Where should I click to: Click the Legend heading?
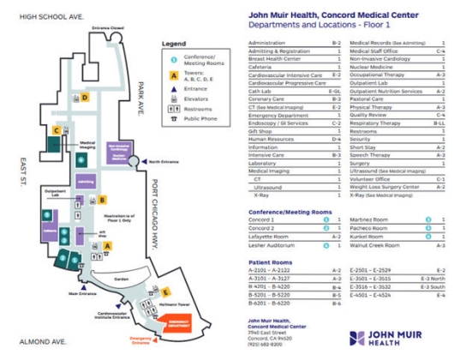[x=174, y=43]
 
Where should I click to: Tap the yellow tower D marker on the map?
[x=86, y=98]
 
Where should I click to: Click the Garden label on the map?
[x=119, y=279]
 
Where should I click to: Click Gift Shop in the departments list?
[x=260, y=131]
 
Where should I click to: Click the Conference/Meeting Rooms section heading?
[x=290, y=211]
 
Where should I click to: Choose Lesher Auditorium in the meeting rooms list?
[x=273, y=244]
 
